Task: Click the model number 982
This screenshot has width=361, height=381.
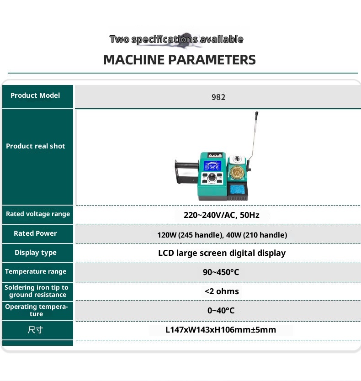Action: click(x=218, y=97)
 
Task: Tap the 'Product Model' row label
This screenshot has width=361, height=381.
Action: click(x=35, y=95)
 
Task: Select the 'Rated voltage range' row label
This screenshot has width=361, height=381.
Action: click(x=38, y=214)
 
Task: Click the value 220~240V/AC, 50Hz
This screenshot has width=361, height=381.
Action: click(x=222, y=215)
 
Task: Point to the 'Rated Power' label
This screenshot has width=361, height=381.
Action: click(x=35, y=233)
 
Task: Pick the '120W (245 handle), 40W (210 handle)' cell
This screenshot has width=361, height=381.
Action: click(x=222, y=235)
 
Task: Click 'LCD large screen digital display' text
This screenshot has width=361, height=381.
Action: click(x=222, y=253)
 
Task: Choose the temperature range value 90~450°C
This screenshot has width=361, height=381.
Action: click(x=221, y=272)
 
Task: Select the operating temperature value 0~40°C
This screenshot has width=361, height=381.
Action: click(x=221, y=311)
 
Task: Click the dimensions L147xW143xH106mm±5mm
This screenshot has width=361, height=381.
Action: click(x=221, y=330)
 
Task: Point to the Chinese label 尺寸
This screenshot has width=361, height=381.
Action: click(x=35, y=330)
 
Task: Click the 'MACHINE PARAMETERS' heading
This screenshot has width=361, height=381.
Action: click(x=179, y=60)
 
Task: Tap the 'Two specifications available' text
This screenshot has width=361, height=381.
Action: click(x=176, y=39)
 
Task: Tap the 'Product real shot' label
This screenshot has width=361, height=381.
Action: click(x=36, y=146)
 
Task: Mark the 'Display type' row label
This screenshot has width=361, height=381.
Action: click(x=36, y=253)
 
